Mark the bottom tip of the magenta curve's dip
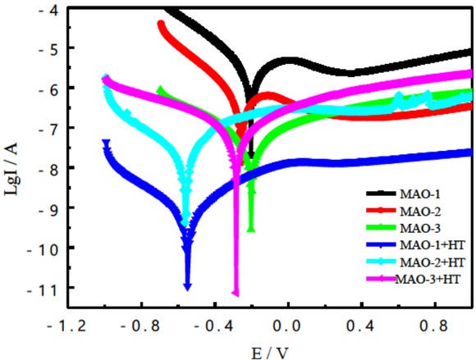236,293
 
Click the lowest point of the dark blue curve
188,286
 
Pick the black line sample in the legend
378,194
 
